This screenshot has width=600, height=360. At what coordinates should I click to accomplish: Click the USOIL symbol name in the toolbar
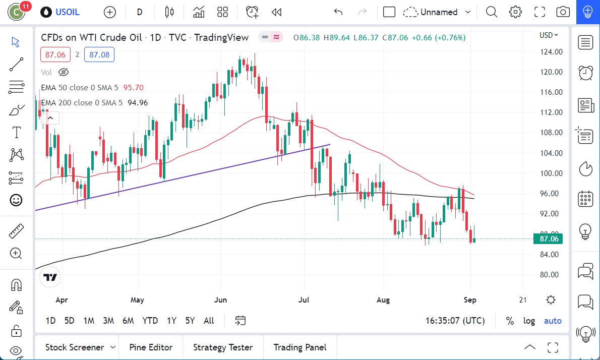click(x=68, y=12)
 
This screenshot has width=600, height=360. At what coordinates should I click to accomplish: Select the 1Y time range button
click(x=171, y=321)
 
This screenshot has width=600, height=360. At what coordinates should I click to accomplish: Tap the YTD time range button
click(x=150, y=321)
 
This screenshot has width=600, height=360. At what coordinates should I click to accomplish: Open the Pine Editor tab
click(x=151, y=347)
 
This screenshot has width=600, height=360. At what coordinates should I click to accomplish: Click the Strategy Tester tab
click(x=223, y=347)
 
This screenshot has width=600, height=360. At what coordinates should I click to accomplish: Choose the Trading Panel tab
click(x=299, y=347)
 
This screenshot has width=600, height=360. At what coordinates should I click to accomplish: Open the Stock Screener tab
click(x=75, y=347)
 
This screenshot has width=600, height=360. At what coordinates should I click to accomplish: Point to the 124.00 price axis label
click(x=551, y=52)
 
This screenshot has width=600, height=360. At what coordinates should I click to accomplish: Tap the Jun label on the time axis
click(x=220, y=300)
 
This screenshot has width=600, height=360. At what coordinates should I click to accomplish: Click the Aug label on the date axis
click(x=383, y=300)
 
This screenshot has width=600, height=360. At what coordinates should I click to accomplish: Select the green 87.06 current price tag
click(x=549, y=239)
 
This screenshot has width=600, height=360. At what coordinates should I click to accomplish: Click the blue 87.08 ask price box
click(x=99, y=54)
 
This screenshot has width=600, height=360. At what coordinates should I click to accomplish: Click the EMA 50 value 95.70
click(x=133, y=88)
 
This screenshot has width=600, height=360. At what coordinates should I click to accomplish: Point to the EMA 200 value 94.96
click(x=138, y=103)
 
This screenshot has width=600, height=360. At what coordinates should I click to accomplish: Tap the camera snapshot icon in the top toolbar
click(x=563, y=12)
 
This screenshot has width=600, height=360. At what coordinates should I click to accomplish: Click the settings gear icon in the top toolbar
click(x=515, y=12)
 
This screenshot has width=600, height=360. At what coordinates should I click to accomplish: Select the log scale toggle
click(x=529, y=321)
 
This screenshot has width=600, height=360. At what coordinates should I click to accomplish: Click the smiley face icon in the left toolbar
click(x=16, y=200)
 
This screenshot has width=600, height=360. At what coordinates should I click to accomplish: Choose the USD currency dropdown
click(x=549, y=35)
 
